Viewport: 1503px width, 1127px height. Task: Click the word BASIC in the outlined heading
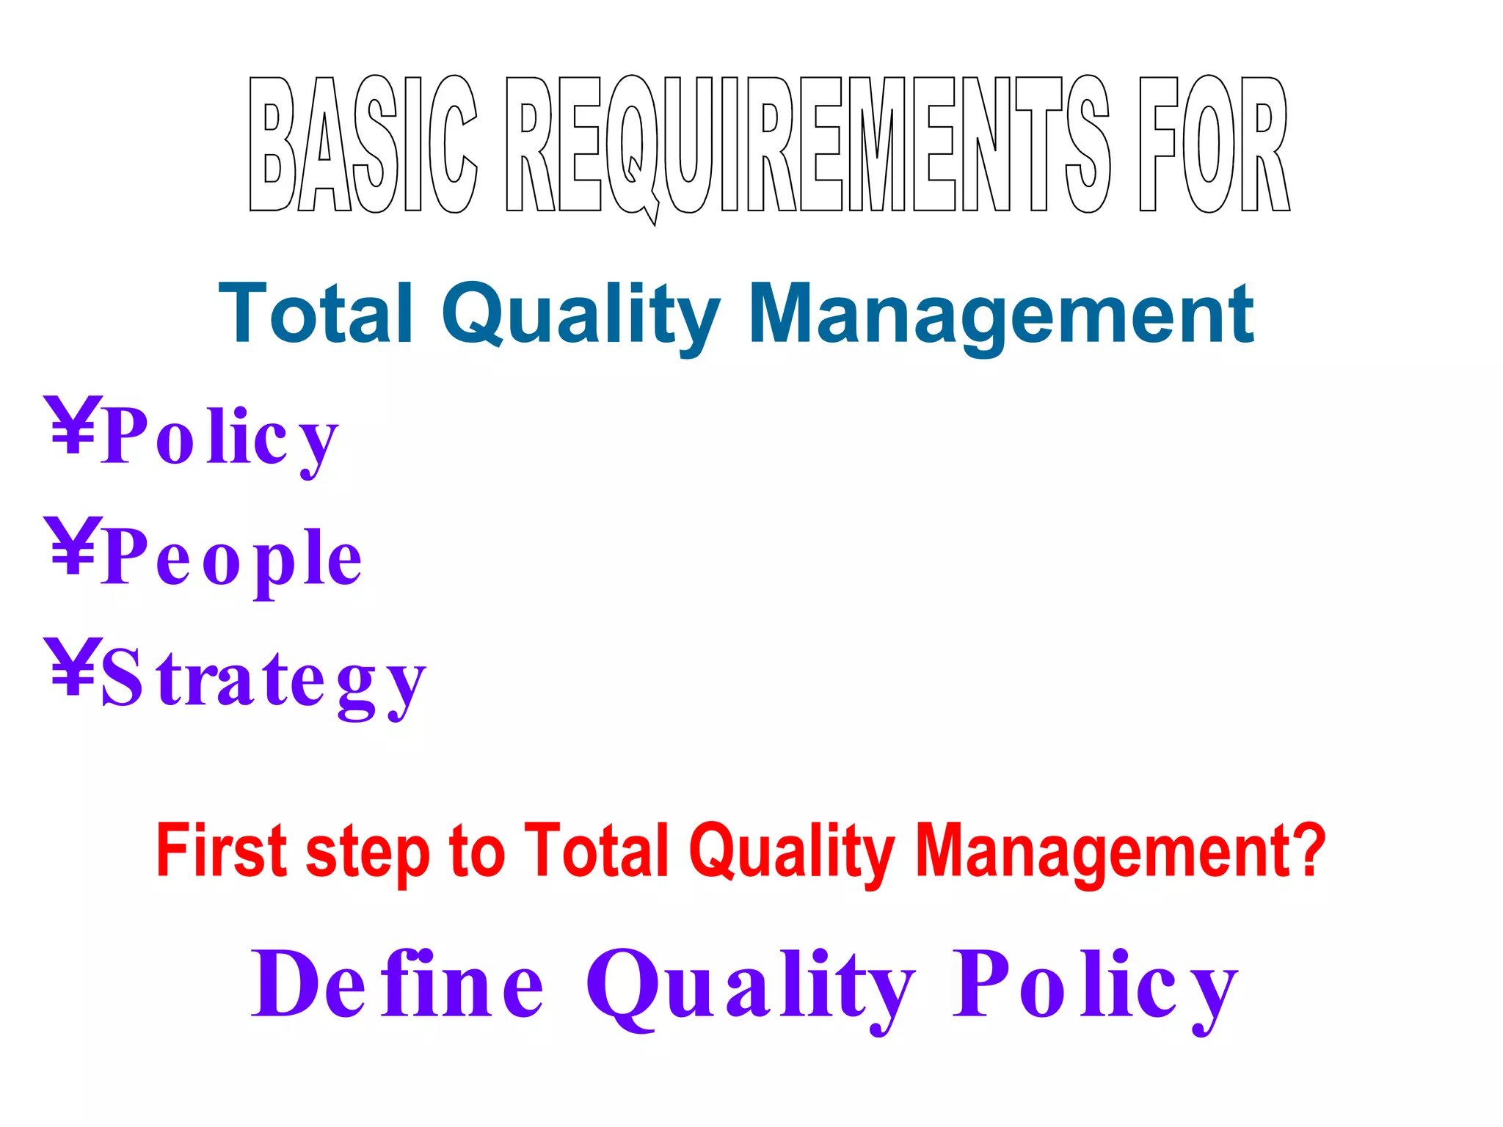point(363,144)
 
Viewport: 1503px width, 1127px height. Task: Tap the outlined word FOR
point(1214,144)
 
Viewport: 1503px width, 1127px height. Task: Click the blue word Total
point(316,314)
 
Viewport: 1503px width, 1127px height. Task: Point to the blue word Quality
point(581,316)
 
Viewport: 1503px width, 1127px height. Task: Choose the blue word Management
point(1001,316)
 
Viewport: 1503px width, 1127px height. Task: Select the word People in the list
point(231,559)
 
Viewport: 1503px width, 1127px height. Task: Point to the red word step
point(368,855)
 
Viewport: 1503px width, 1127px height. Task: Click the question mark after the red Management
point(1306,850)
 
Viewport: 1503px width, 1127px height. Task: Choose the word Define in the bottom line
point(397,983)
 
